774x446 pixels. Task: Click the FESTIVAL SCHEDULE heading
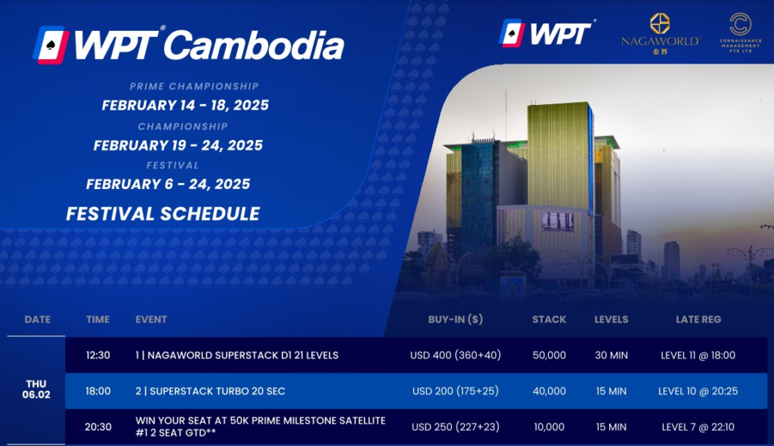[x=163, y=214]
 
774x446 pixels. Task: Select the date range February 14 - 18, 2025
[x=185, y=105]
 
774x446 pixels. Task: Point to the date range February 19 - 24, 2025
[x=178, y=145]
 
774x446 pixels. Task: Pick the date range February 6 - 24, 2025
[x=168, y=184]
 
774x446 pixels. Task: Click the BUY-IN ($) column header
[x=455, y=320]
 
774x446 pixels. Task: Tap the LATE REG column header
[x=698, y=320]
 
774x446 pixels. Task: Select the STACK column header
[x=549, y=320]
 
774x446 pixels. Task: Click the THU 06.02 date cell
[x=36, y=389]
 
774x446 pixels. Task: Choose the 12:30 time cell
[x=98, y=355]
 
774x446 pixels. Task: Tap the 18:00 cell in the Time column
[x=98, y=391]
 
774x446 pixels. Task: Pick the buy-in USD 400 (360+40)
[x=456, y=355]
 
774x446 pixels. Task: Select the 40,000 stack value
[x=549, y=391]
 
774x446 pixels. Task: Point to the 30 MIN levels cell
[x=611, y=355]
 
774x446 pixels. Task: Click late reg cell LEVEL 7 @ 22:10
[x=698, y=427]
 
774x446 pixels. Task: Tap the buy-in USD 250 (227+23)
[x=456, y=427]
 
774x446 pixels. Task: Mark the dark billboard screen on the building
[x=557, y=221]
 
